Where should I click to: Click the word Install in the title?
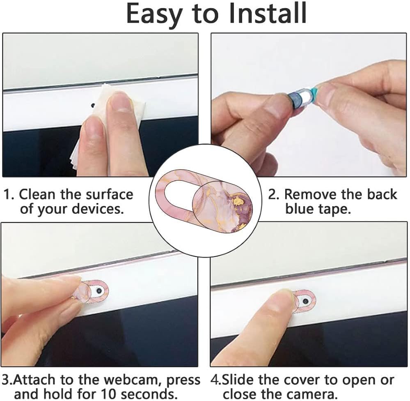tap(267, 13)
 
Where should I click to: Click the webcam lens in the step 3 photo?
tap(99, 290)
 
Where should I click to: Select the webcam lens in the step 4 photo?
tap(305, 301)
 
